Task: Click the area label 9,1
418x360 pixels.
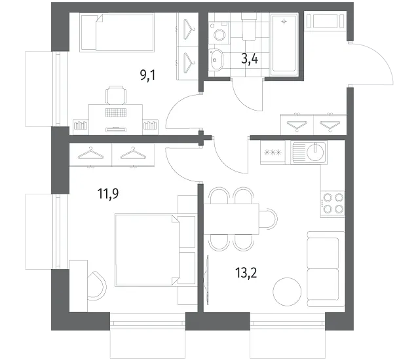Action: (147, 76)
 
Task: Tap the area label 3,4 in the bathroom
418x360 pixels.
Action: (250, 59)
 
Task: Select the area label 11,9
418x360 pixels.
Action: (108, 194)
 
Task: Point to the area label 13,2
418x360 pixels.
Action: (246, 273)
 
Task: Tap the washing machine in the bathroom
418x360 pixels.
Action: (219, 33)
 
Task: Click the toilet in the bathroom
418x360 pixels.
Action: (249, 27)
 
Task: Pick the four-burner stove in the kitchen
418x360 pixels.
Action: (332, 204)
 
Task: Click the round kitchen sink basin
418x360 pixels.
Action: (315, 152)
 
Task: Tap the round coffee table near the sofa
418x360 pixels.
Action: (287, 291)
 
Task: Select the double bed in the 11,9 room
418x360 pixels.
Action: (155, 250)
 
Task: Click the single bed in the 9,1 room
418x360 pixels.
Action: (117, 33)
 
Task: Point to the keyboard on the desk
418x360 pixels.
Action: (115, 113)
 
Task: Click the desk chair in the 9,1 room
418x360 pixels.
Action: (116, 95)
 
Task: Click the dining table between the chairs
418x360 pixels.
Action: (231, 219)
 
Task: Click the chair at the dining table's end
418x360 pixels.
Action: (269, 219)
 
